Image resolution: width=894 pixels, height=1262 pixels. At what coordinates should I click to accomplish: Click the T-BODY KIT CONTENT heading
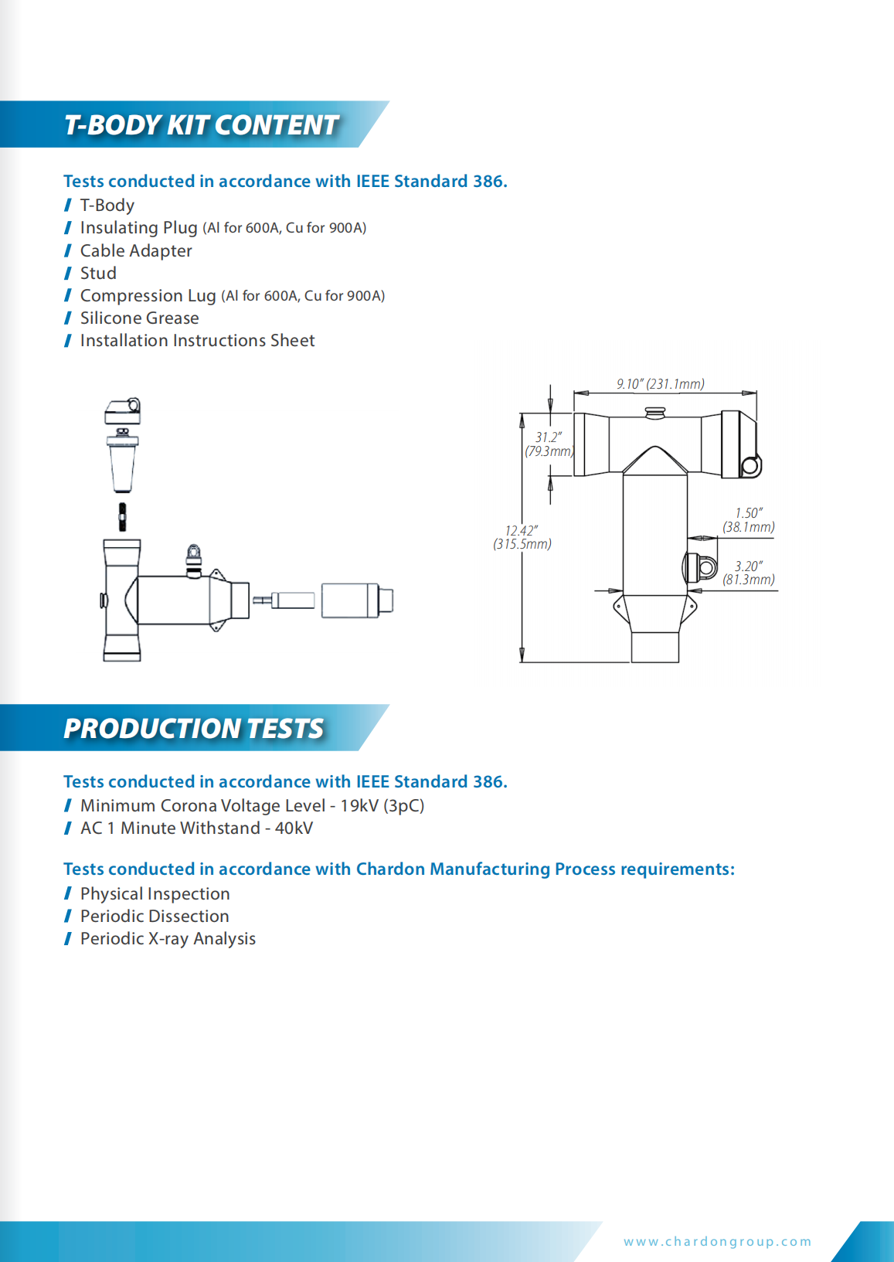click(x=201, y=124)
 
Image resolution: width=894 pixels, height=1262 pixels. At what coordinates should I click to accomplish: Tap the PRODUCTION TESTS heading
click(x=193, y=728)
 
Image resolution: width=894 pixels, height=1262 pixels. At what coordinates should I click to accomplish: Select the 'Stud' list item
click(x=98, y=274)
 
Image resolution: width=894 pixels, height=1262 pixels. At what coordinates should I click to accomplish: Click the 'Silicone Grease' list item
click(x=139, y=318)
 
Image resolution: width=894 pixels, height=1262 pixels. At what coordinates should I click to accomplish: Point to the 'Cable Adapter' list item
click(x=136, y=251)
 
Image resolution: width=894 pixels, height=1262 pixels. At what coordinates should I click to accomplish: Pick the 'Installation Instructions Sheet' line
click(x=197, y=341)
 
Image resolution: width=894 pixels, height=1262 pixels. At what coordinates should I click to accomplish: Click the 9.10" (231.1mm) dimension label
click(x=660, y=384)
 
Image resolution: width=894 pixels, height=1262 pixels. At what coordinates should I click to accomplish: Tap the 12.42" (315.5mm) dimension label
click(x=522, y=537)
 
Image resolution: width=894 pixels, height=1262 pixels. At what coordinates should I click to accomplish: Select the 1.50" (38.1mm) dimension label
click(x=748, y=520)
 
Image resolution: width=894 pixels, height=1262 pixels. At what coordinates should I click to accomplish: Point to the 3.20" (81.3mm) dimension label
click(x=748, y=573)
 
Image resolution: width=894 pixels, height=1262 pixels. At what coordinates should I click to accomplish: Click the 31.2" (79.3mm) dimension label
click(x=549, y=444)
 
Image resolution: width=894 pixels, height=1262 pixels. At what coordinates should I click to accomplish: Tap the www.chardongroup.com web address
click(x=718, y=1241)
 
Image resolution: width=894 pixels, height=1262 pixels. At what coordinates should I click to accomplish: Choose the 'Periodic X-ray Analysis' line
click(x=168, y=939)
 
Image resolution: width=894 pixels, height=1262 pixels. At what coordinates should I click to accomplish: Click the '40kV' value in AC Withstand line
click(x=294, y=828)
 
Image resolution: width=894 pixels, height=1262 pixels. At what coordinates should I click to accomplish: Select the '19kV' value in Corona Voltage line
click(x=359, y=806)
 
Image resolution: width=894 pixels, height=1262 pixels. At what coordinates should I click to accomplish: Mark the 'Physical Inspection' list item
click(x=155, y=894)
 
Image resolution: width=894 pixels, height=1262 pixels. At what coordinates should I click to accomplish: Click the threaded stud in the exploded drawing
click(x=122, y=516)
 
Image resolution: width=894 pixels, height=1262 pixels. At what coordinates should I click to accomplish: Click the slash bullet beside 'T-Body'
click(x=68, y=206)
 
